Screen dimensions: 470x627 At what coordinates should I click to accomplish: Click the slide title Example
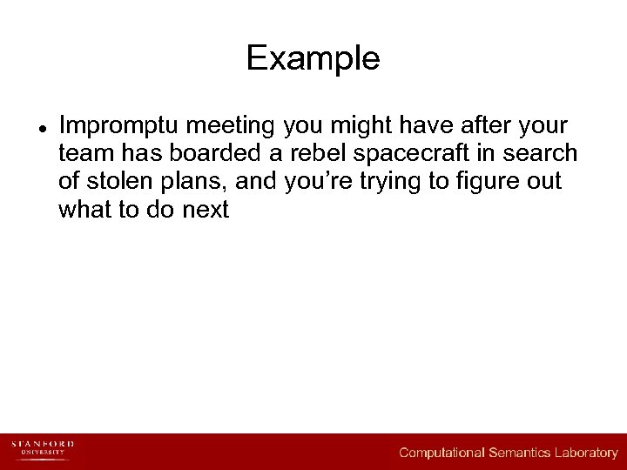(x=313, y=58)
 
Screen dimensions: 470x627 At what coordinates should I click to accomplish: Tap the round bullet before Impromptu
(x=41, y=127)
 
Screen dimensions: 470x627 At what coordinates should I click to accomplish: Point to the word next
(x=206, y=210)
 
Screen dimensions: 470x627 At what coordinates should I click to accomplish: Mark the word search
(x=544, y=154)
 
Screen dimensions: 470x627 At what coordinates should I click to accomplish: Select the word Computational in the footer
(x=442, y=453)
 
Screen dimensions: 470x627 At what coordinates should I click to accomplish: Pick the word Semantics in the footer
(x=522, y=453)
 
